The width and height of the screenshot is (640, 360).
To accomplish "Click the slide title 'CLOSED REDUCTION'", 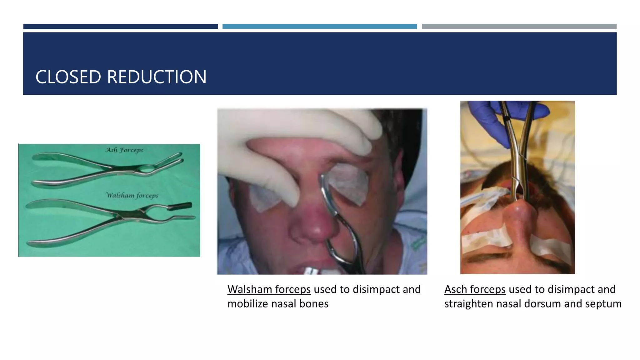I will (121, 77).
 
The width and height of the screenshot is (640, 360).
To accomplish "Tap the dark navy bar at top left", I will (120, 27).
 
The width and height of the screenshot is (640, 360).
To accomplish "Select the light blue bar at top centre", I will (319, 27).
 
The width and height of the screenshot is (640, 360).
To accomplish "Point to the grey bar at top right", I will (519, 27).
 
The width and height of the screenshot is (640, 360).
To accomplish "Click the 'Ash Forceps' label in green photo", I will (124, 150).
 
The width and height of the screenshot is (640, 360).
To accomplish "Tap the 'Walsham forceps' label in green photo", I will (132, 196).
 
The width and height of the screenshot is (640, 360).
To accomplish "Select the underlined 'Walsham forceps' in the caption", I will (269, 289).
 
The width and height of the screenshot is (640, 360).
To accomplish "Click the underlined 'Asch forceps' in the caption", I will (475, 289).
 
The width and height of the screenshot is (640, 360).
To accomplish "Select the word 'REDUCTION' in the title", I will (157, 77).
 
